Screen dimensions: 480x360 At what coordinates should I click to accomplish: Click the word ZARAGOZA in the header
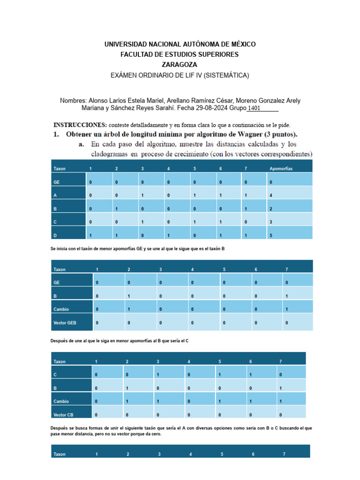click(180, 65)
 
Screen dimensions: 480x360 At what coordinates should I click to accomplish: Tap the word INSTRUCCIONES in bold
click(80, 125)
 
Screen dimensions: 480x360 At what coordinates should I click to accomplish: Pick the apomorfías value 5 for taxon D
click(270, 235)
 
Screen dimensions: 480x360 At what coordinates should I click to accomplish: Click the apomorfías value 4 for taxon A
click(270, 195)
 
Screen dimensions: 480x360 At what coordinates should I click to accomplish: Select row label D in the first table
click(55, 235)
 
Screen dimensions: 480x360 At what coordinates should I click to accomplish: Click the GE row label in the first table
click(56, 181)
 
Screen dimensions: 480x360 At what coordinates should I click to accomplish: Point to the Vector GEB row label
click(65, 323)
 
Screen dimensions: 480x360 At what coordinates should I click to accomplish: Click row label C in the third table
click(55, 375)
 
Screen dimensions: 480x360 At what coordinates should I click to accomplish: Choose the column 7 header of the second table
click(286, 269)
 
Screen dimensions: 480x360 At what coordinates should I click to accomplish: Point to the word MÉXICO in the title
click(240, 44)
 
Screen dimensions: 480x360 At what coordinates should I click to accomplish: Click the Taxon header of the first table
click(60, 168)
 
